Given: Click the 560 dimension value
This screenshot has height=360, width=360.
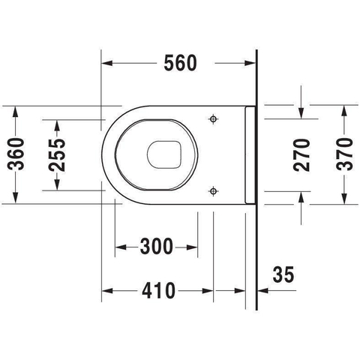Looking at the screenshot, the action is pyautogui.click(x=180, y=63).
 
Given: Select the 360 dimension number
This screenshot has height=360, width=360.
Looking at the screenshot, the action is pyautogui.click(x=16, y=154).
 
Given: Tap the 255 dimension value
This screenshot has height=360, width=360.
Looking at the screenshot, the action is pyautogui.click(x=57, y=155).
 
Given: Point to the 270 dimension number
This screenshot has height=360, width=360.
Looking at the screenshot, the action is pyautogui.click(x=301, y=155).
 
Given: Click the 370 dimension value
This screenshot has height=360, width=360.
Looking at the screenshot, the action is pyautogui.click(x=345, y=154).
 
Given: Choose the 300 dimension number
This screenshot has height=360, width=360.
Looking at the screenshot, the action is pyautogui.click(x=157, y=246).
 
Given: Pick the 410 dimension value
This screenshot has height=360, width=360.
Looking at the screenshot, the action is pyautogui.click(x=158, y=290).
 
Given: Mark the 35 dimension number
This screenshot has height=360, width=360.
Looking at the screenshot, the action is pyautogui.click(x=283, y=274).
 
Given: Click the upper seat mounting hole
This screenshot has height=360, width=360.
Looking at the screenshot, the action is pyautogui.click(x=213, y=119).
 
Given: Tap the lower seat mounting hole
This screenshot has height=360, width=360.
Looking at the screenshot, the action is pyautogui.click(x=213, y=191).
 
